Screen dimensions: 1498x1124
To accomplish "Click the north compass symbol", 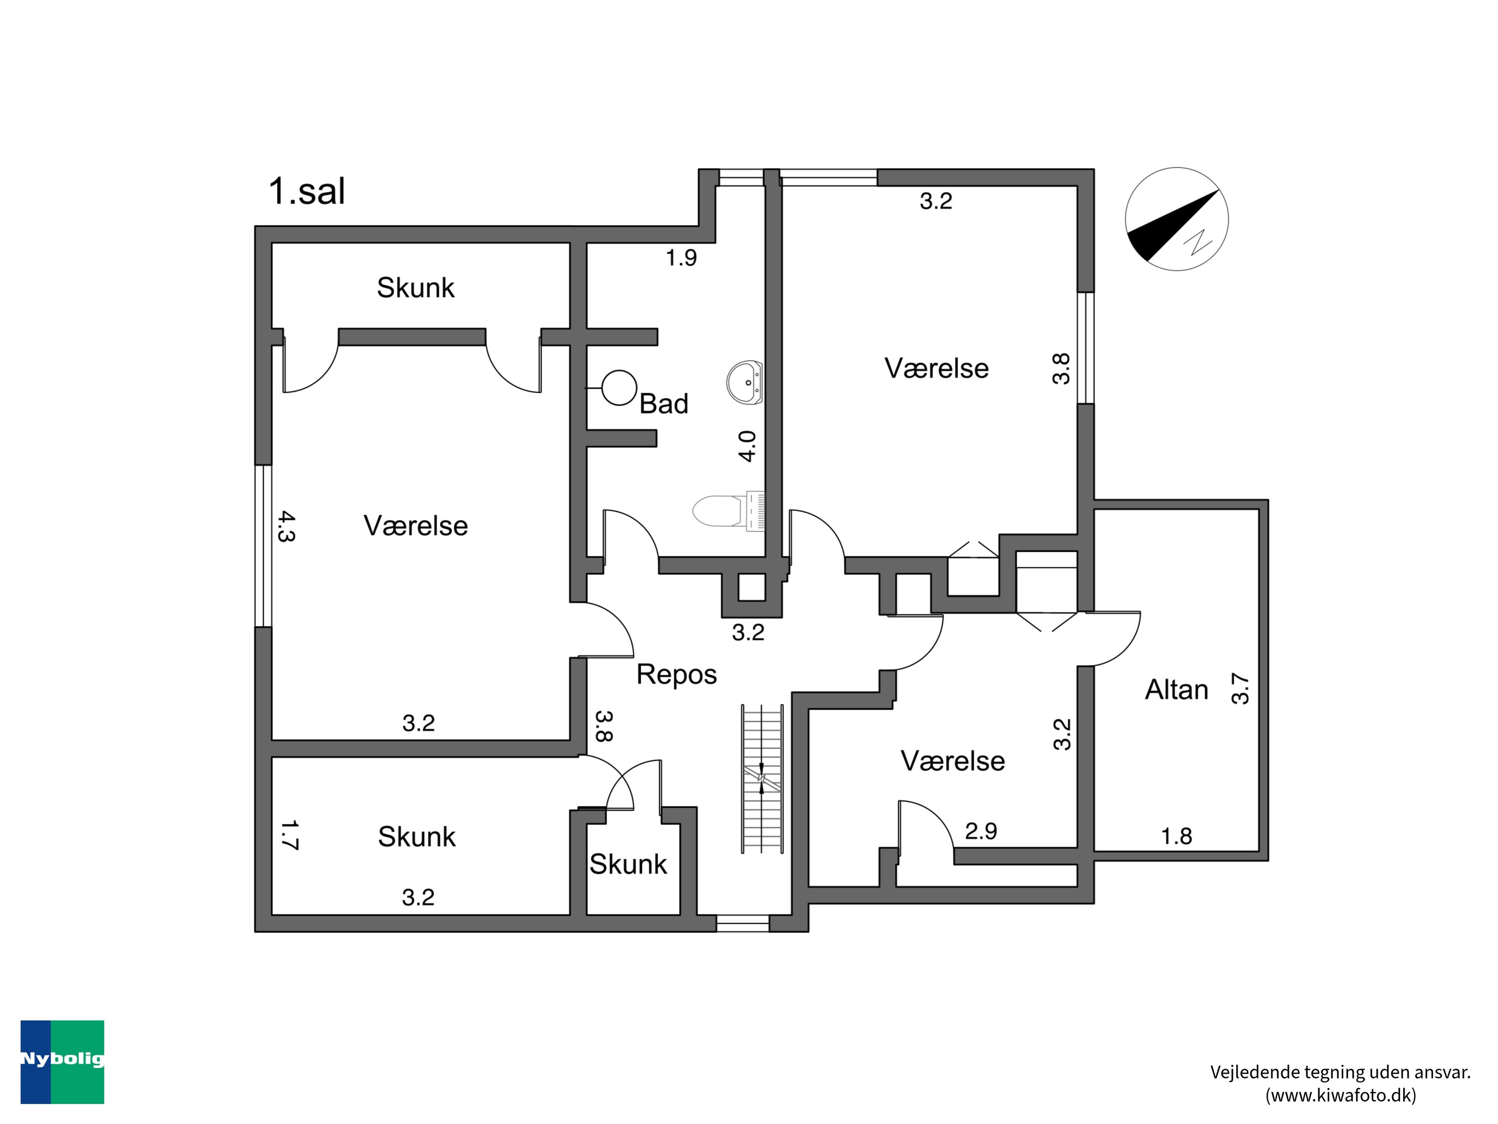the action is (x=1176, y=219).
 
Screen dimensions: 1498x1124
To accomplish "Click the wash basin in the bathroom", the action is (x=745, y=382).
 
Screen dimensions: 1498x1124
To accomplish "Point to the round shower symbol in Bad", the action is (x=618, y=388).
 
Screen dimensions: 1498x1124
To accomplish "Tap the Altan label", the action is (x=1176, y=690).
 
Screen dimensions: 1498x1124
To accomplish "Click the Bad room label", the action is (x=664, y=404).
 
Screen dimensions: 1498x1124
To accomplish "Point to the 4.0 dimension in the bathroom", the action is (x=747, y=447).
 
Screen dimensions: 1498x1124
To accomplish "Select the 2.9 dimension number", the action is (x=981, y=831).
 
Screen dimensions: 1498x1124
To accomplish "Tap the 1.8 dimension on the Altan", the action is (x=1176, y=836).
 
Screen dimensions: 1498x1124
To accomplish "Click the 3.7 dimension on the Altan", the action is (x=1239, y=688).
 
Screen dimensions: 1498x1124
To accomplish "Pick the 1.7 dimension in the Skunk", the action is (x=289, y=835).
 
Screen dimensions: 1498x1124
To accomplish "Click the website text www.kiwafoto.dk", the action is (x=1341, y=1096).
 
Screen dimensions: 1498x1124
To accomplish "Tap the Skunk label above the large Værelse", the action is (x=416, y=288).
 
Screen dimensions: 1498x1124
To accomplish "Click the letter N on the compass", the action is (x=1198, y=242).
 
